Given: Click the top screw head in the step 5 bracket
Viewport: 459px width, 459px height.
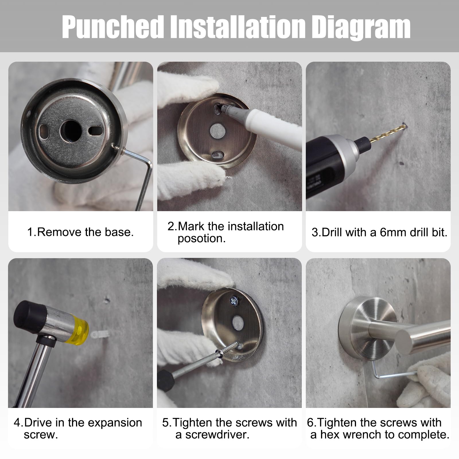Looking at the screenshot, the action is [234, 301].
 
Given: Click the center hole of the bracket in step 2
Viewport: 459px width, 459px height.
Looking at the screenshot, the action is [217, 130].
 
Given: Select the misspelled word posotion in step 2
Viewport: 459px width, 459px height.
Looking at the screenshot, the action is [201, 239].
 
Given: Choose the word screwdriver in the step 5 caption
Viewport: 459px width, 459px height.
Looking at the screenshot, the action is [217, 435].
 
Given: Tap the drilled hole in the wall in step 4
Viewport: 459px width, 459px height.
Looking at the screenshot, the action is [107, 300].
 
